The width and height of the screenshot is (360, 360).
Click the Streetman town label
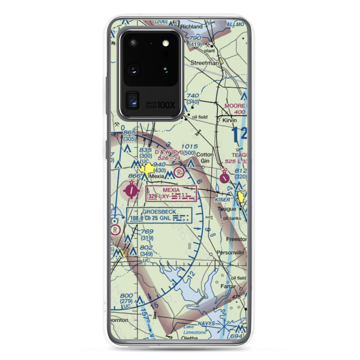pos(204,63)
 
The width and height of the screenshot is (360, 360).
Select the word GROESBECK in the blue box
pos(159,212)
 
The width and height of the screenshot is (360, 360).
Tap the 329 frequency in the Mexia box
pos(153,197)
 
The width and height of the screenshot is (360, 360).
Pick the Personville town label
pos(230,253)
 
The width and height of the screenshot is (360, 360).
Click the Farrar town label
pos(228,287)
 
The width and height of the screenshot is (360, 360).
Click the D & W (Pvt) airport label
pos(168,152)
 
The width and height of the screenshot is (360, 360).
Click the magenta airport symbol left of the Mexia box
pos(132,190)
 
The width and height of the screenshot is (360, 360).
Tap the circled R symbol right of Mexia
pos(179,173)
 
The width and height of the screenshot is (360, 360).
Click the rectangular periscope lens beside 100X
pos(132,101)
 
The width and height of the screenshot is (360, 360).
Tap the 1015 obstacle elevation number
pos(190,147)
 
